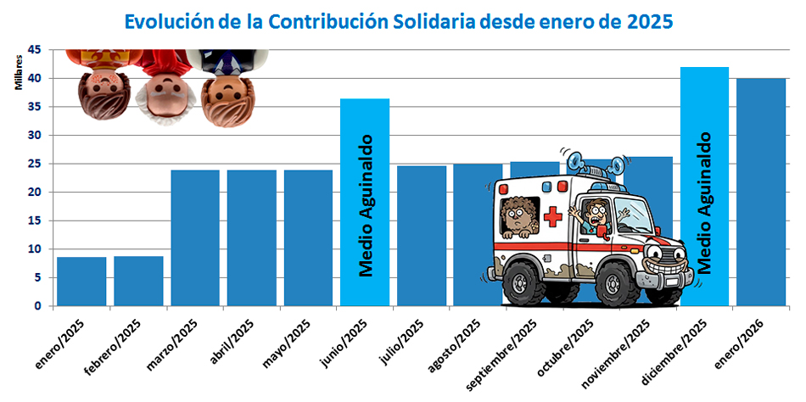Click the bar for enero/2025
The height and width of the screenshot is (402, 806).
click(81, 281)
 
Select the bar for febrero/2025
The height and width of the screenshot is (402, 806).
click(138, 281)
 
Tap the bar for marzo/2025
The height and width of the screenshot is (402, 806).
click(195, 237)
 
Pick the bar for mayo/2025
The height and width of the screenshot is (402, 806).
click(308, 237)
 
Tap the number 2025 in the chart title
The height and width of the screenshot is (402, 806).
click(649, 20)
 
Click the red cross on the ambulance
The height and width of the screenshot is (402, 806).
click(553, 216)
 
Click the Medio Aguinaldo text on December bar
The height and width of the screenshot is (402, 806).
click(705, 204)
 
